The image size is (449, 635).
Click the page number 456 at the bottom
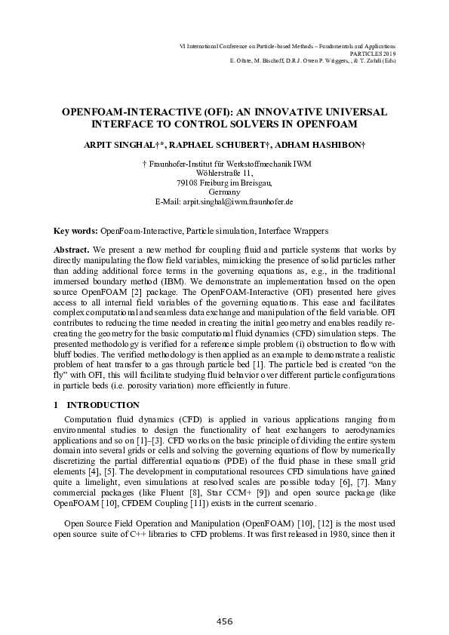(224, 621)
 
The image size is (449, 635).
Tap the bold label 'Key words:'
(75, 230)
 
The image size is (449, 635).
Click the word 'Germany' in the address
(224, 192)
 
